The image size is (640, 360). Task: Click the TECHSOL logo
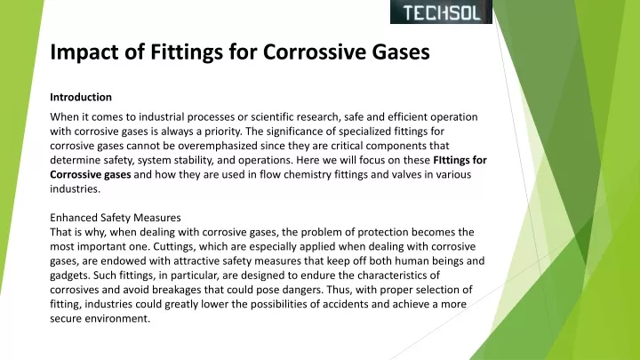click(441, 12)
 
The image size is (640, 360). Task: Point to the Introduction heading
click(81, 97)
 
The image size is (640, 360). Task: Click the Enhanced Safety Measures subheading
click(116, 218)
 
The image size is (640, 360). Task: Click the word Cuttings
click(174, 247)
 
